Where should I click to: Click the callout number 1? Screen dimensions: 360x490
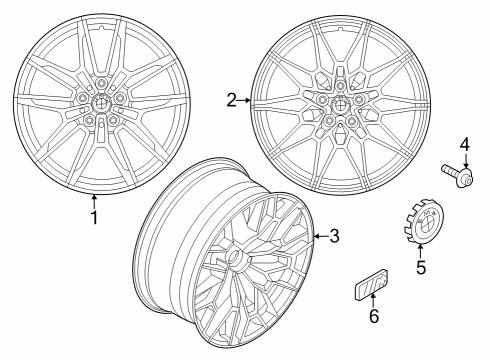95,215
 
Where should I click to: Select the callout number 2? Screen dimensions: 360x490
231,100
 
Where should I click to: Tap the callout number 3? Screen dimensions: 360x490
334,236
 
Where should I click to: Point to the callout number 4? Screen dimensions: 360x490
464,146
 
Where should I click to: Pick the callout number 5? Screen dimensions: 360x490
421,267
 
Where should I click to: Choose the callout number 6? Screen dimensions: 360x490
373,317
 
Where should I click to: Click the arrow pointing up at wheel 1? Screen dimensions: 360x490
95,200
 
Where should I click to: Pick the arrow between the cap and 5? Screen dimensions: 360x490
421,250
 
